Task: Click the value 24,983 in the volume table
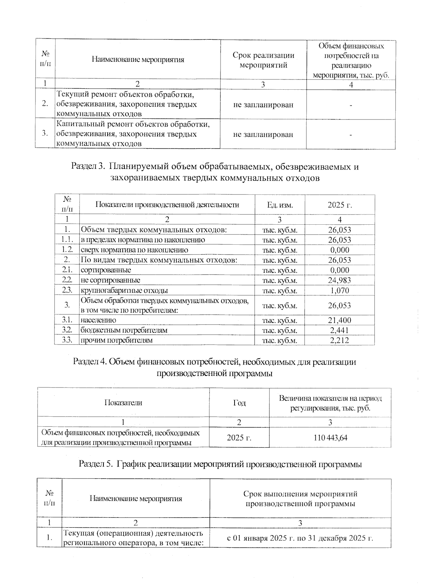pyautogui.click(x=339, y=280)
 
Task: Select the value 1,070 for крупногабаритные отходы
pyautogui.click(x=339, y=290)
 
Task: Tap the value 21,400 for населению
pyautogui.click(x=339, y=320)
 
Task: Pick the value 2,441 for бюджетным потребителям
pyautogui.click(x=339, y=330)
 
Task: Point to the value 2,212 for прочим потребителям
pyautogui.click(x=339, y=340)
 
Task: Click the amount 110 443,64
pyautogui.click(x=330, y=438)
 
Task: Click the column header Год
pyautogui.click(x=239, y=403)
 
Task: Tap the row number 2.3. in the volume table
pyautogui.click(x=67, y=290)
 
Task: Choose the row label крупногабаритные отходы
pyautogui.click(x=124, y=291)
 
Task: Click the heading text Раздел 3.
pyautogui.click(x=88, y=166)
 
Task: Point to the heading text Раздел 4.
pyautogui.click(x=90, y=362)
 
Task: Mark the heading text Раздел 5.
pyautogui.click(x=96, y=464)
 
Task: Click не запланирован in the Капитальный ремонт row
pyautogui.click(x=263, y=135)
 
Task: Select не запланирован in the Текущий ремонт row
pyautogui.click(x=263, y=105)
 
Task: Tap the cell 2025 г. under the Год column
pyautogui.click(x=239, y=438)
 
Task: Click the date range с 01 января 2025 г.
pyautogui.click(x=300, y=538)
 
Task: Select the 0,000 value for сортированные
pyautogui.click(x=339, y=270)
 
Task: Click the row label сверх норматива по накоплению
pyautogui.click(x=134, y=250)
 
